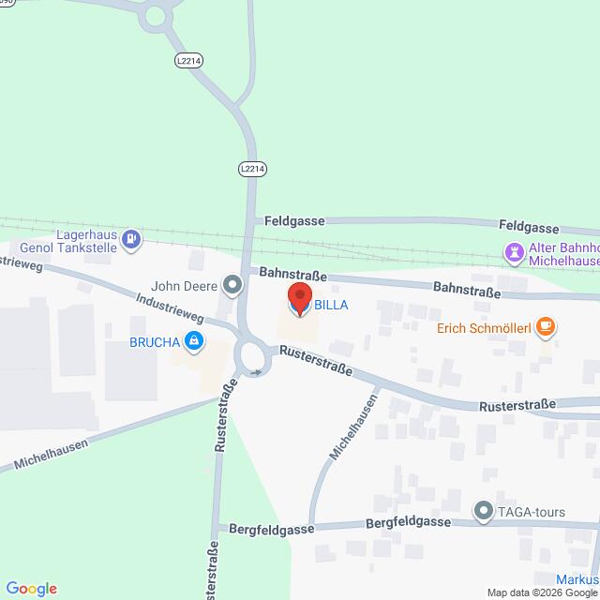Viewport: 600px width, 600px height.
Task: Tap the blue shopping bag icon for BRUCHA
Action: point(194,341)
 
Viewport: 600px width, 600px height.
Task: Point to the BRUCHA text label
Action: point(155,342)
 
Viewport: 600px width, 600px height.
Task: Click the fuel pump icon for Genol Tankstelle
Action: point(133,240)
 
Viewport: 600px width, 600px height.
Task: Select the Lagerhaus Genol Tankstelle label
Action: point(82,240)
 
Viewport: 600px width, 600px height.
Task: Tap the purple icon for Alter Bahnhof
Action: point(514,251)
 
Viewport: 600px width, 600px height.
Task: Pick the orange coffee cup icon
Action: point(547,328)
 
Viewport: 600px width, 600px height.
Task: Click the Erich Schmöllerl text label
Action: point(485,329)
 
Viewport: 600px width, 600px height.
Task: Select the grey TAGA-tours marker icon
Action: point(483,511)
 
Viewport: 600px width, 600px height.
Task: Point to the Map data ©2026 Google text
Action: point(542,592)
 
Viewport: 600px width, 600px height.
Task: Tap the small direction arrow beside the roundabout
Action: point(257,373)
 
